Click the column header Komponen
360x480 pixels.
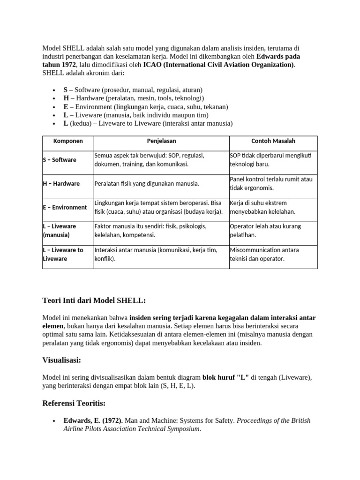point(68,141)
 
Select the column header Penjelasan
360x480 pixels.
point(161,141)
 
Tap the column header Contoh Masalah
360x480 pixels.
point(273,141)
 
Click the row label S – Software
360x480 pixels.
point(60,160)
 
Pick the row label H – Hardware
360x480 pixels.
point(61,184)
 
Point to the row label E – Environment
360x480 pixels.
point(65,207)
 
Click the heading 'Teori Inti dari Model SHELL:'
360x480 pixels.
point(94,300)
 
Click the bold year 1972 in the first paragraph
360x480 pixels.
point(66,65)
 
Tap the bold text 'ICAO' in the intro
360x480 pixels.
point(154,65)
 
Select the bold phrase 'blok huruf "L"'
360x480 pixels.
point(226,377)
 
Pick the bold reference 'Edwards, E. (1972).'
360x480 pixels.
point(93,420)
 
